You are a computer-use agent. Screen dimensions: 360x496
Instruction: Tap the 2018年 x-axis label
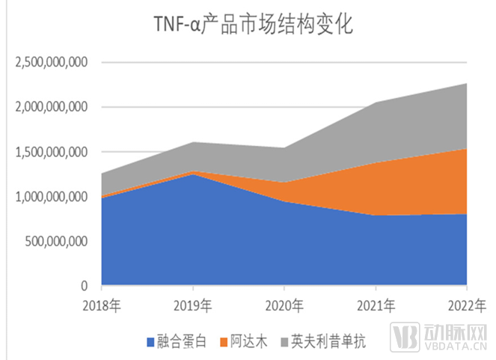pyautogui.click(x=102, y=305)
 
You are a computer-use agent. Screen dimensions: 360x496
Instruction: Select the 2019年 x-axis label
pyautogui.click(x=194, y=305)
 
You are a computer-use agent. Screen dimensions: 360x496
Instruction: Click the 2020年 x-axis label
pyautogui.click(x=284, y=305)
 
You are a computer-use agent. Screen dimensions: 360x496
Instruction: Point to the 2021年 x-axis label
pyautogui.click(x=376, y=305)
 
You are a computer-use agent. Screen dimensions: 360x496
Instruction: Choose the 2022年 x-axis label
pyautogui.click(x=467, y=305)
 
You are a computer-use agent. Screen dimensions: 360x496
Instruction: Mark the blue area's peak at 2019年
pyautogui.click(x=194, y=174)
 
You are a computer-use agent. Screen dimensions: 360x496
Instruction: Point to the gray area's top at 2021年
pyautogui.click(x=376, y=103)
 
